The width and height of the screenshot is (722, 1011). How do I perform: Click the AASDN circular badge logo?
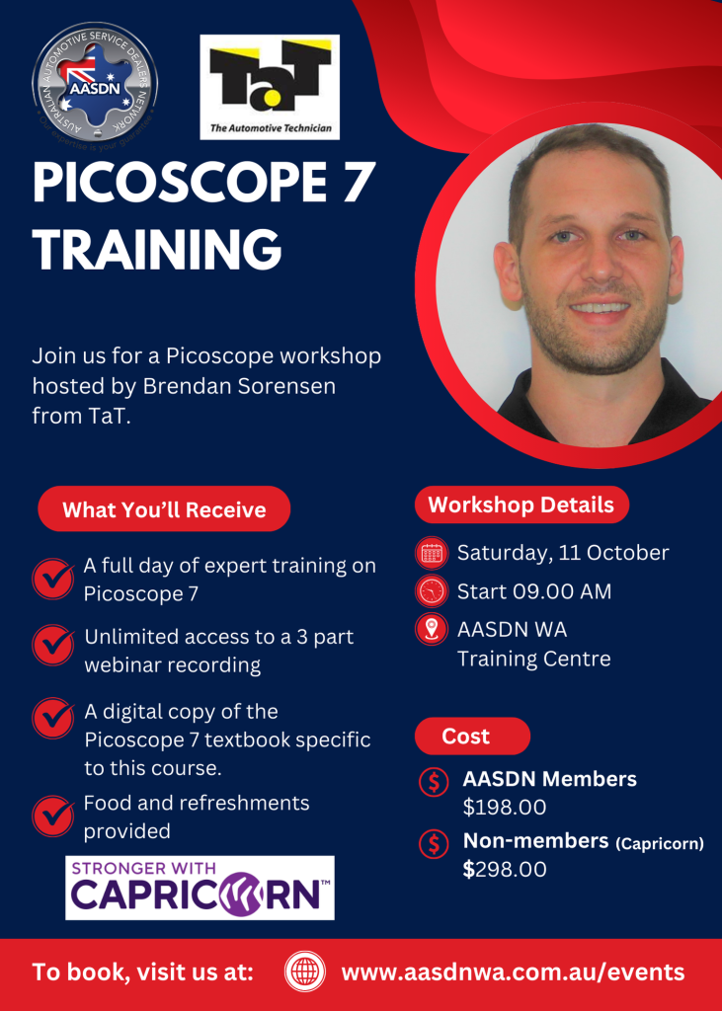point(95,83)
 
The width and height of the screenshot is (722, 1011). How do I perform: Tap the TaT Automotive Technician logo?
point(270,87)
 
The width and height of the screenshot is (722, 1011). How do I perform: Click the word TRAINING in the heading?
point(157,249)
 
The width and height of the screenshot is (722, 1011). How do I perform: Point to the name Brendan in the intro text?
point(195,387)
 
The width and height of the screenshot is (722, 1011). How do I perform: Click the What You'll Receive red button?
point(165,509)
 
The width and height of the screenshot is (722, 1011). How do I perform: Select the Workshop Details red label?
point(521,505)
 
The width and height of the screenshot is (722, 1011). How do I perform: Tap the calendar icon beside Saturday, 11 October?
point(431,554)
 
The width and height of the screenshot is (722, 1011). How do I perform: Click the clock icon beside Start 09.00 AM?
point(431,590)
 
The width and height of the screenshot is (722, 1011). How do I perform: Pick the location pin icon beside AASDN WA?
point(431,629)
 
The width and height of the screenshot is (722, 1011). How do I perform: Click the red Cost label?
point(472,736)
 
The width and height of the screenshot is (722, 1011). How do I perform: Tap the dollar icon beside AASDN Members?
point(435,782)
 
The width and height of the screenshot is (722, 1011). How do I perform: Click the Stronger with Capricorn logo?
point(201,888)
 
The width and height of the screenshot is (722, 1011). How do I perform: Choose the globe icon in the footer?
point(305,972)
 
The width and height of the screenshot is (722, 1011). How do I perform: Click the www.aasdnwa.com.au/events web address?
point(513,972)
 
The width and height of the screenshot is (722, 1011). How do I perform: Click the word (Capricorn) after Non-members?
point(659,843)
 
